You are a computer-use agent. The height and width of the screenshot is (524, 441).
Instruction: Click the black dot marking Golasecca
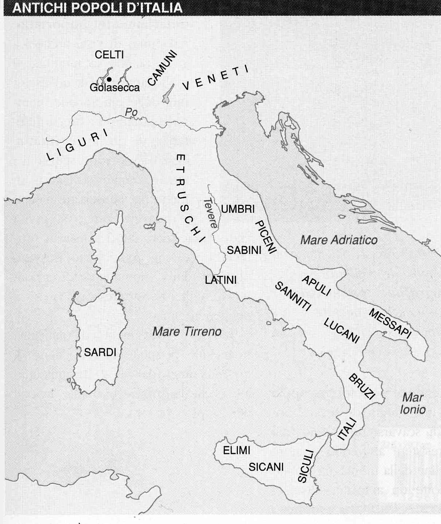tap(109, 79)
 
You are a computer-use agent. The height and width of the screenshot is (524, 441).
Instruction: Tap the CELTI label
tap(109, 55)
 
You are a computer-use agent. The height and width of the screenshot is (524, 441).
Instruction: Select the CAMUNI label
tap(162, 68)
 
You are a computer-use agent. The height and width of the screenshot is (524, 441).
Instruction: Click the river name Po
tap(131, 112)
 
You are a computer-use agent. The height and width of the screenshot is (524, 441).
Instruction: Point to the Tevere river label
tap(210, 213)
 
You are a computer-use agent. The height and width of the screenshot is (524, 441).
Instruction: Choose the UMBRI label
tap(238, 209)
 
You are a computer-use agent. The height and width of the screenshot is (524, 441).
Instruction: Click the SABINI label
tap(244, 250)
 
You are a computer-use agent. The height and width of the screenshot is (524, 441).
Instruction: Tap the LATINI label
tap(221, 280)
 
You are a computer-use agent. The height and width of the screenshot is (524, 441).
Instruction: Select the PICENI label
tap(266, 237)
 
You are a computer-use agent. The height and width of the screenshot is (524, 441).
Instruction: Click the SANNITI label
tap(293, 296)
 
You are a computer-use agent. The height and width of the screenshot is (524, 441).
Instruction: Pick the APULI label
tap(316, 286)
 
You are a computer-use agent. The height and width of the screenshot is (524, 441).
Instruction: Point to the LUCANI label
tap(342, 330)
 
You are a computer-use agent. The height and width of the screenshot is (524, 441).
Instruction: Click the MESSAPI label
tap(390, 324)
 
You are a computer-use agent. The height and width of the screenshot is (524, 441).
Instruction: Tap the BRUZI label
tap(362, 387)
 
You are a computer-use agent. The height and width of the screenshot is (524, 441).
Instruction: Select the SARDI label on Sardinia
tap(100, 352)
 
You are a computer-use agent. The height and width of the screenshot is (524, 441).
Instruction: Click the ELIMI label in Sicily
tap(237, 451)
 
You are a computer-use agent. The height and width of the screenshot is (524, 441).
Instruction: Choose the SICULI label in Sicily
tap(306, 466)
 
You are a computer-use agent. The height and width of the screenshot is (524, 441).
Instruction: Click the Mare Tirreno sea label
tap(187, 332)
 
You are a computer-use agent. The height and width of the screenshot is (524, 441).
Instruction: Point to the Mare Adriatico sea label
tap(339, 240)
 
